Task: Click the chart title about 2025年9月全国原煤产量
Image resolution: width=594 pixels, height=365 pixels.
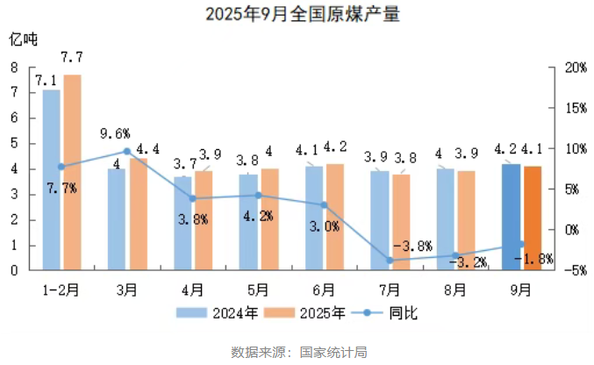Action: click(297, 15)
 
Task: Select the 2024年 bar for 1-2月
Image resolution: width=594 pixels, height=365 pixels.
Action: click(52, 180)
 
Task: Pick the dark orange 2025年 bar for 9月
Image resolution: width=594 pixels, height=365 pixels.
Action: click(532, 218)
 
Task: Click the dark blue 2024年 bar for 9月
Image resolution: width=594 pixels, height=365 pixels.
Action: click(511, 217)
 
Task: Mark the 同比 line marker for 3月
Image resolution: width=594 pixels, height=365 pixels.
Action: click(127, 152)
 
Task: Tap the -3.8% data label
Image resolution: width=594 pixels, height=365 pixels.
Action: click(412, 246)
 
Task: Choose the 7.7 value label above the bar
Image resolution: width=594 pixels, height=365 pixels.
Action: click(72, 58)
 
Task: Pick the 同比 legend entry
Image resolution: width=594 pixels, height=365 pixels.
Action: click(383, 312)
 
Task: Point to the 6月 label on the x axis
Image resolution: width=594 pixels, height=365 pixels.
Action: click(323, 288)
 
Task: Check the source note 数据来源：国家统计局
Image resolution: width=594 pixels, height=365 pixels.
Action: click(297, 352)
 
